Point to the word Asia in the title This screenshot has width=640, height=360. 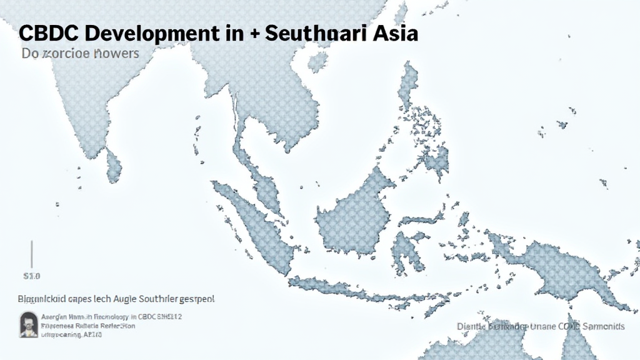point(392,33)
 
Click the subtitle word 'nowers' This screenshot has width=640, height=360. point(116,54)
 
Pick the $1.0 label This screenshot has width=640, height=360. point(31,276)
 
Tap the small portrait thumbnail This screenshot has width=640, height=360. point(28,323)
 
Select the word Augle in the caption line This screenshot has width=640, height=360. point(124,299)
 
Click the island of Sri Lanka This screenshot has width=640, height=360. point(113,165)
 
